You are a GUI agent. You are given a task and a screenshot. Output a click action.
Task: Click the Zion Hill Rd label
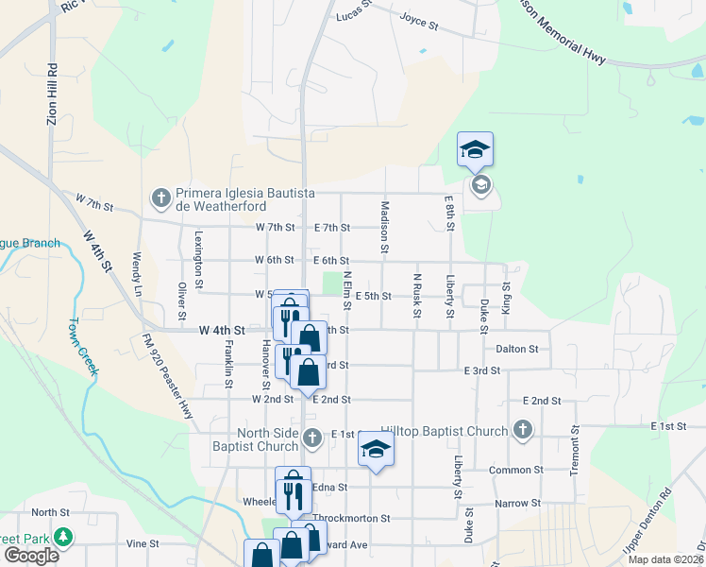(53, 94)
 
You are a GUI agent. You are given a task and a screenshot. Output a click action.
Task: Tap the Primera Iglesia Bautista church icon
(160, 198)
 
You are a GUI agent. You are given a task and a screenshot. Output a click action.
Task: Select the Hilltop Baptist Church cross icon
(523, 431)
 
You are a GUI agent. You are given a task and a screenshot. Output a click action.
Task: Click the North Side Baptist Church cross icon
(313, 438)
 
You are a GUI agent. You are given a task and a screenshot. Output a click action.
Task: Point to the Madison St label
(385, 227)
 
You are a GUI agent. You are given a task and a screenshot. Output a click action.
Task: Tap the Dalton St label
(516, 349)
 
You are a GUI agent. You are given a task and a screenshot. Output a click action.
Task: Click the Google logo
(31, 556)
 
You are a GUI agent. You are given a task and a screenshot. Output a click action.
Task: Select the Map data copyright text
(666, 559)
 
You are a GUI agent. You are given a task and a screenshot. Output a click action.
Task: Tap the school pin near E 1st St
(376, 450)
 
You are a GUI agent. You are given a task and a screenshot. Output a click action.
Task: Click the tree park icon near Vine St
(63, 538)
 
